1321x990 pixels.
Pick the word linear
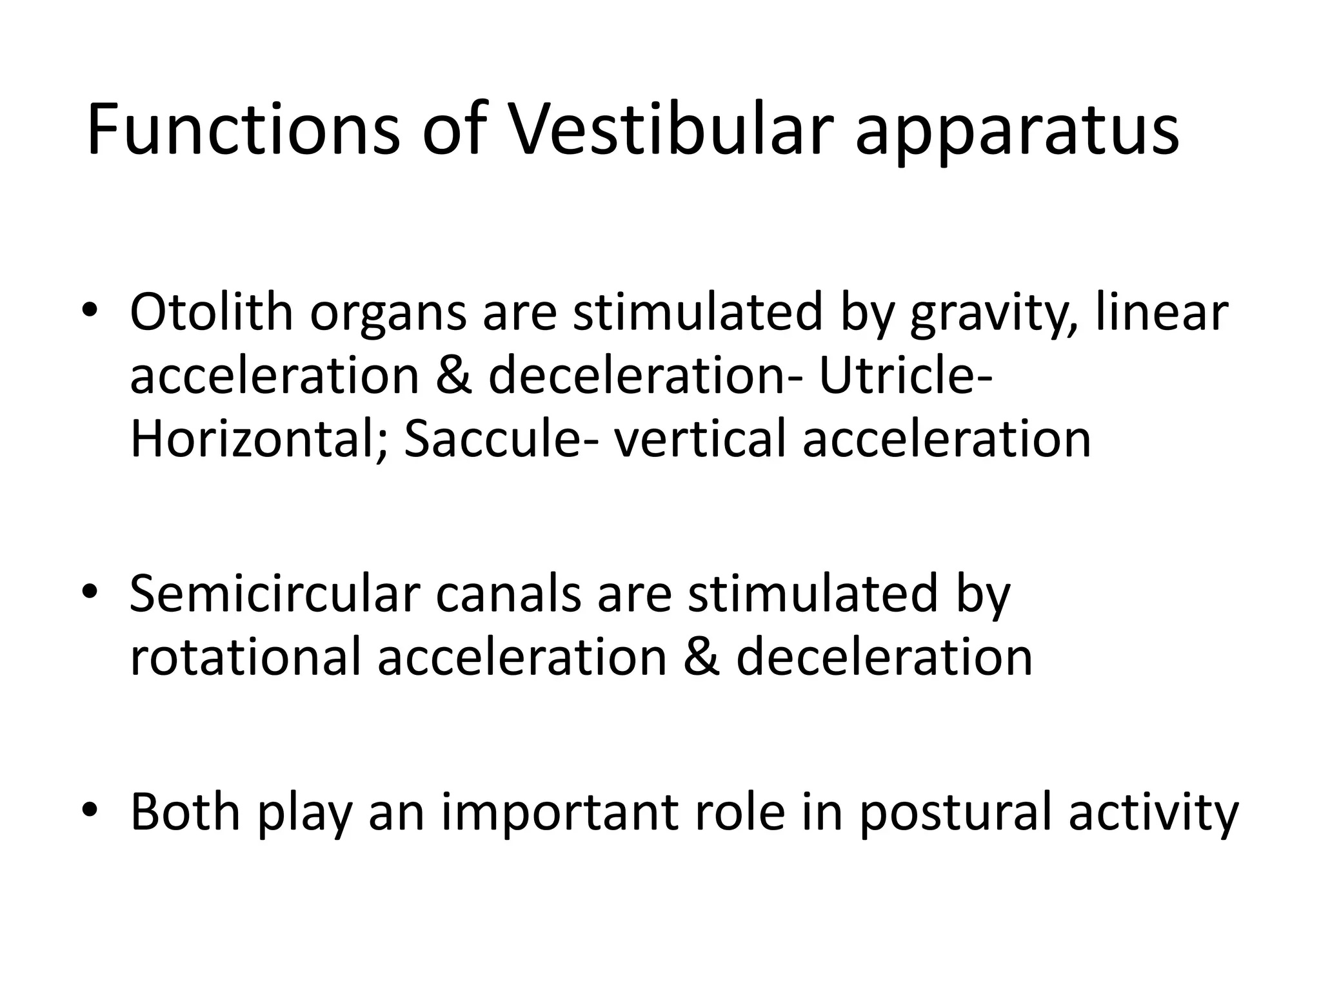click(1162, 312)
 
